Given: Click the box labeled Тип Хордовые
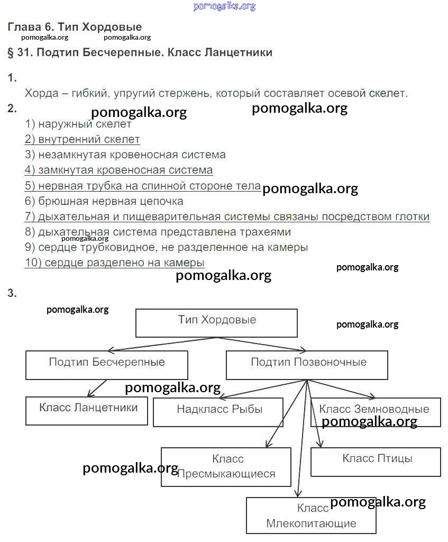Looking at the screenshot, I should click(x=216, y=323).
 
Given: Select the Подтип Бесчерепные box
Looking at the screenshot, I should click(x=106, y=365).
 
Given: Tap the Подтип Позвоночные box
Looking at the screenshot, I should click(x=307, y=365).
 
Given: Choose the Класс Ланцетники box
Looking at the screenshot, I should click(x=87, y=410).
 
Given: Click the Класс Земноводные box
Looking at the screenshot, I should click(x=375, y=411).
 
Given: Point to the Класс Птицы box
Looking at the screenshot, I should click(x=376, y=462).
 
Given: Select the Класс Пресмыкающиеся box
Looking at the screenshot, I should click(x=226, y=466).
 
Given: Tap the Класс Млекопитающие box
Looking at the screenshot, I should click(x=311, y=516).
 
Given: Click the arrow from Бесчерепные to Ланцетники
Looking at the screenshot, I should click(x=97, y=388).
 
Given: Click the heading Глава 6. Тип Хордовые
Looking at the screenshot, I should click(x=75, y=27).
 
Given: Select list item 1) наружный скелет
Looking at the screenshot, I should click(x=78, y=124).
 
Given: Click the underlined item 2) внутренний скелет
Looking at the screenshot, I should click(x=82, y=140).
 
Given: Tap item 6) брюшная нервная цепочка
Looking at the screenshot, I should click(x=104, y=201).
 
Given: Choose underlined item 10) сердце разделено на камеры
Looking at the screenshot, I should click(x=114, y=263).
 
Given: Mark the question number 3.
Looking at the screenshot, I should click(x=12, y=293).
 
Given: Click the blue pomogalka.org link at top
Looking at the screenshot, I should click(x=224, y=6).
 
